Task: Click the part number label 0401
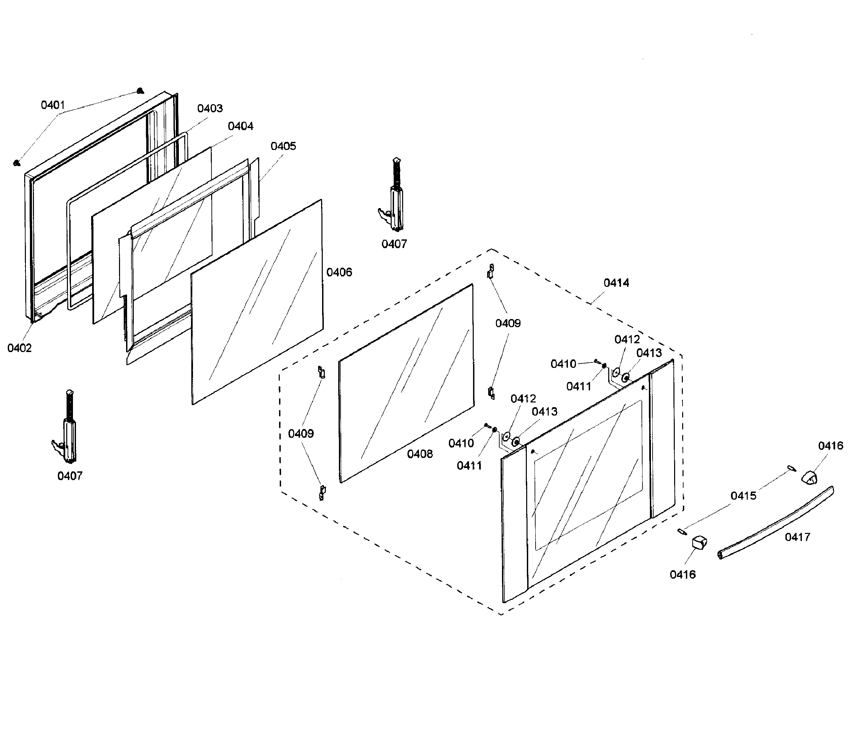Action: click(x=53, y=105)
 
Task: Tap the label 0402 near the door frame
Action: click(x=20, y=348)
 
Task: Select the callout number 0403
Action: click(x=210, y=108)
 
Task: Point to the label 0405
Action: click(x=283, y=146)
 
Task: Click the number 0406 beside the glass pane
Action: click(x=339, y=272)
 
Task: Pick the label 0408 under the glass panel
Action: click(x=420, y=454)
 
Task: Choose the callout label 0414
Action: click(x=616, y=283)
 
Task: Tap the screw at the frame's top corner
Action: click(x=140, y=90)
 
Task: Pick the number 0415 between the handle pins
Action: click(x=743, y=496)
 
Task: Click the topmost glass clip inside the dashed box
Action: click(x=491, y=271)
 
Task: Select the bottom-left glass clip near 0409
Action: click(x=322, y=493)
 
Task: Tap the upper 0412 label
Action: click(x=627, y=340)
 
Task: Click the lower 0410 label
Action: click(x=461, y=443)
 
